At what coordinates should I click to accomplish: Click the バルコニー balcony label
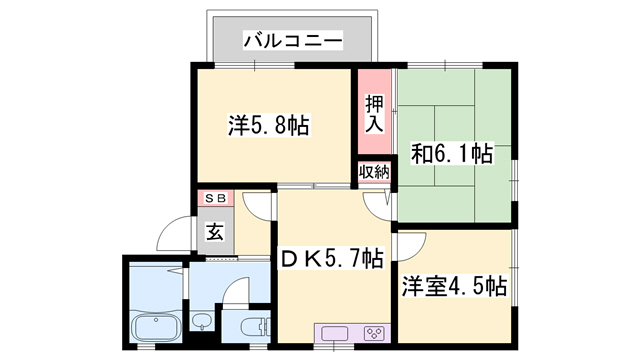tap(293, 42)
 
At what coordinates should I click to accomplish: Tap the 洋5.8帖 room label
tap(268, 126)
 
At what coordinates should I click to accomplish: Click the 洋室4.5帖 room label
tap(455, 285)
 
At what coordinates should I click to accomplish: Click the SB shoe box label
tap(216, 198)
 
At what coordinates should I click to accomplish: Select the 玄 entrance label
tap(216, 232)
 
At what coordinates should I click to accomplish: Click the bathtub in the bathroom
tap(155, 327)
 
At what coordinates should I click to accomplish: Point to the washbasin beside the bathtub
tap(201, 322)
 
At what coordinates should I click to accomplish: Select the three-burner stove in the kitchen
tap(374, 333)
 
